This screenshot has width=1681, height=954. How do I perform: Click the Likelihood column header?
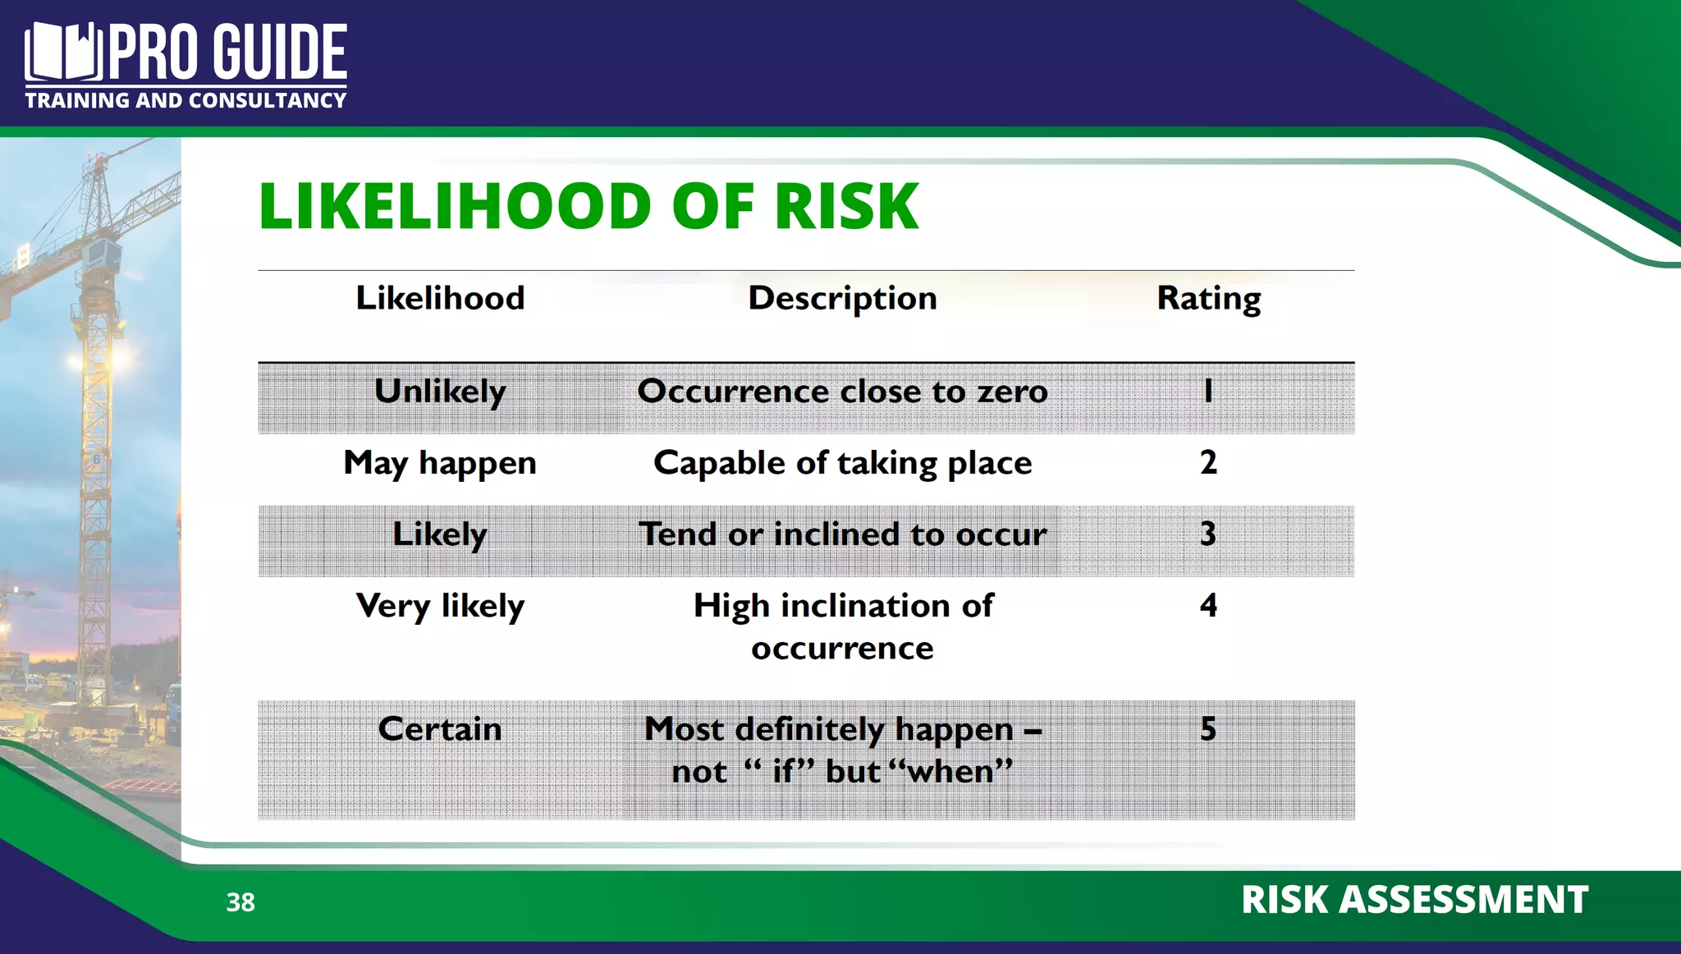click(440, 298)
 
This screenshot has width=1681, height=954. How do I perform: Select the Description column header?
click(842, 298)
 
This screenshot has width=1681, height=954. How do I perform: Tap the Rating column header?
click(1208, 299)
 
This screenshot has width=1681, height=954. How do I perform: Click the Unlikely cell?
click(440, 392)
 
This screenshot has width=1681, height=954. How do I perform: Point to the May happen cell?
click(440, 463)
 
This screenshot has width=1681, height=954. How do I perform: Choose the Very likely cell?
click(440, 607)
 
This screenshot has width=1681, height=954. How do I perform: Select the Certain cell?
click(440, 729)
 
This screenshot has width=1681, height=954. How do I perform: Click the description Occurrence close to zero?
click(842, 392)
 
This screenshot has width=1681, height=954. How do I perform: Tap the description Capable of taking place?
click(842, 463)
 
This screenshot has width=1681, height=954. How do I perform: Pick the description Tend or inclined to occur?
click(842, 534)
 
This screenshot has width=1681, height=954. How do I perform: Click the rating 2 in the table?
click(1208, 462)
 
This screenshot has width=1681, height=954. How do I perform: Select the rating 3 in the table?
click(1208, 534)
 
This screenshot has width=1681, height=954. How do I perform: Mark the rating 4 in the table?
click(1208, 606)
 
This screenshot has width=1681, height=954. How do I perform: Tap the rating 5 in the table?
click(1208, 728)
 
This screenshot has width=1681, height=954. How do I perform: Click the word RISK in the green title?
click(846, 206)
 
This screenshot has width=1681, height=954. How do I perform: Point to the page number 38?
click(240, 902)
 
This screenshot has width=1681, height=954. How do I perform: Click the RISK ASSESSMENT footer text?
click(1414, 900)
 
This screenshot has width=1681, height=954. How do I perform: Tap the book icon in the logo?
click(62, 53)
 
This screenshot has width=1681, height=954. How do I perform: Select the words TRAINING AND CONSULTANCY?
click(186, 101)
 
